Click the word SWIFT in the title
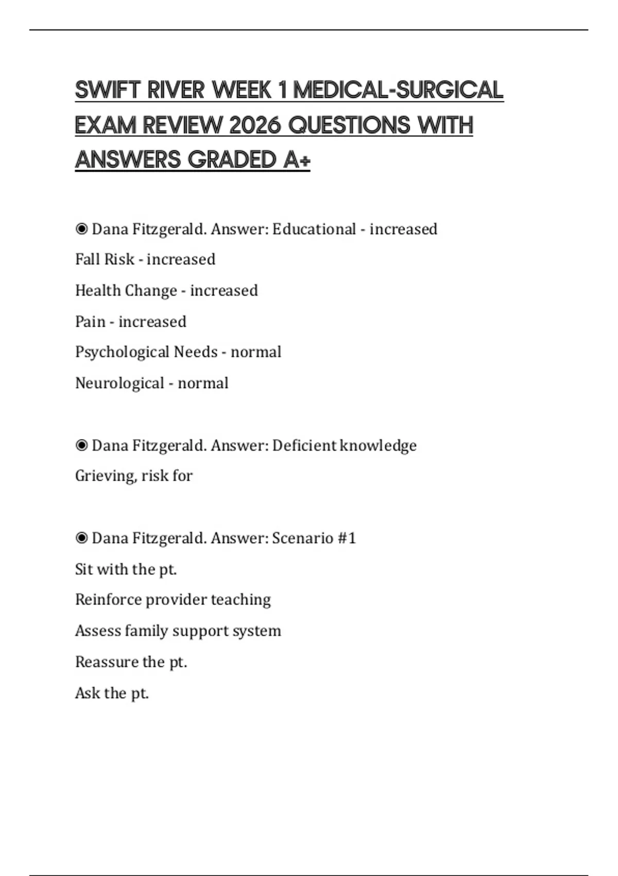(x=108, y=90)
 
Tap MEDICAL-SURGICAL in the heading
(x=398, y=90)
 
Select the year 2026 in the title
(x=255, y=125)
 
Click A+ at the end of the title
(x=296, y=160)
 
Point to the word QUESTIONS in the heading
(x=349, y=125)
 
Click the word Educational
(x=314, y=229)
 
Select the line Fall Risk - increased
(x=145, y=259)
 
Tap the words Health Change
(x=126, y=291)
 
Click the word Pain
(x=90, y=322)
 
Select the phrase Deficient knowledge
(x=344, y=445)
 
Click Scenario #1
(x=314, y=538)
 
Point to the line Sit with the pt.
(x=126, y=569)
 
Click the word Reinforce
(x=108, y=600)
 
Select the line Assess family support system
(x=178, y=631)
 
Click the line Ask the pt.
(x=112, y=693)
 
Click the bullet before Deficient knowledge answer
(x=81, y=445)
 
